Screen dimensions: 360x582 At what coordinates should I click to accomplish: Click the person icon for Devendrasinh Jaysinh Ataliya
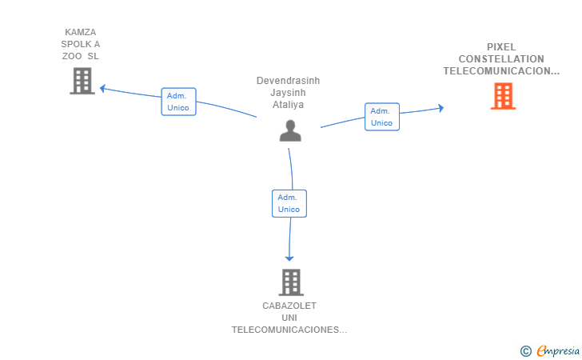[x=290, y=130]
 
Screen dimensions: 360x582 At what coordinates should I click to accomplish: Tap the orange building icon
[x=503, y=96]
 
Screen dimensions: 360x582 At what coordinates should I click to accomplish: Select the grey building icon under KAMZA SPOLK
[x=82, y=81]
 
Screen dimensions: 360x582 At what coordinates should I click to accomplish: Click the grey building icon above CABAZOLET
[x=291, y=282]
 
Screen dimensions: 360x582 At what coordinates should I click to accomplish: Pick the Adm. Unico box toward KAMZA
[x=178, y=102]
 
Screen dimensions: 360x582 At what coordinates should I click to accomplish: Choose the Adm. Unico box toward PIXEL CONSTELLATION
[x=381, y=117]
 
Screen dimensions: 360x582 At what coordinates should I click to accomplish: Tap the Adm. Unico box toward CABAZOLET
[x=289, y=203]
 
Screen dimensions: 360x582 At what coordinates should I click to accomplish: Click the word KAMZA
[x=81, y=33]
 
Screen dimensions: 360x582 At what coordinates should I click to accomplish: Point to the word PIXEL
[x=501, y=47]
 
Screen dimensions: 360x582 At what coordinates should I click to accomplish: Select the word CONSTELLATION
[x=501, y=59]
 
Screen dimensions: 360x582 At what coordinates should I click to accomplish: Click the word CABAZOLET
[x=289, y=306]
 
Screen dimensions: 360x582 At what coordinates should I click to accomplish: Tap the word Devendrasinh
[x=288, y=81]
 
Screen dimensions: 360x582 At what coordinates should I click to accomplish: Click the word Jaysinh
[x=288, y=93]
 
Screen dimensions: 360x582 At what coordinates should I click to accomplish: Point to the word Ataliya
[x=288, y=105]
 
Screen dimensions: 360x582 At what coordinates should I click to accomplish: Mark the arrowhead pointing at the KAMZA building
[x=102, y=88]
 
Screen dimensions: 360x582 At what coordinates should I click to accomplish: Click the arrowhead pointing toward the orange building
[x=440, y=108]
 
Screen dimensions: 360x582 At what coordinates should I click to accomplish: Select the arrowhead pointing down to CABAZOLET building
[x=289, y=258]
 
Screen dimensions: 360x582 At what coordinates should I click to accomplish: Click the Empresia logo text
[x=555, y=350]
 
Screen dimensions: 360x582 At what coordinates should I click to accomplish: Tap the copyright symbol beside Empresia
[x=525, y=350]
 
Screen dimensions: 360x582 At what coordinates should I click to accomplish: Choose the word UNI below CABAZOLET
[x=289, y=318]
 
